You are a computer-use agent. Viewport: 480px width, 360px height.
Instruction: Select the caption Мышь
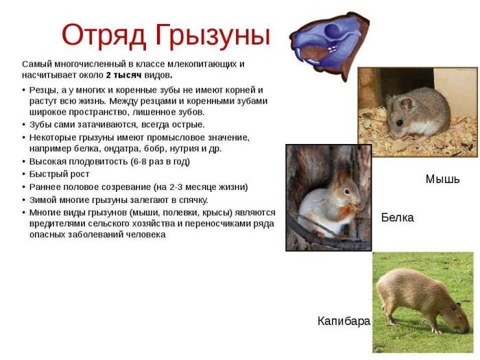[442, 180]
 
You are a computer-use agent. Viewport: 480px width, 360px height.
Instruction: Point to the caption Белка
[397, 217]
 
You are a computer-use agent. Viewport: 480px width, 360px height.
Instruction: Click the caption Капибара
[344, 321]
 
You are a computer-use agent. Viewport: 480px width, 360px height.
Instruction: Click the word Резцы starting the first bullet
[43, 90]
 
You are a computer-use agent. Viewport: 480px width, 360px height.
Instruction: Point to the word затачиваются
[109, 124]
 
